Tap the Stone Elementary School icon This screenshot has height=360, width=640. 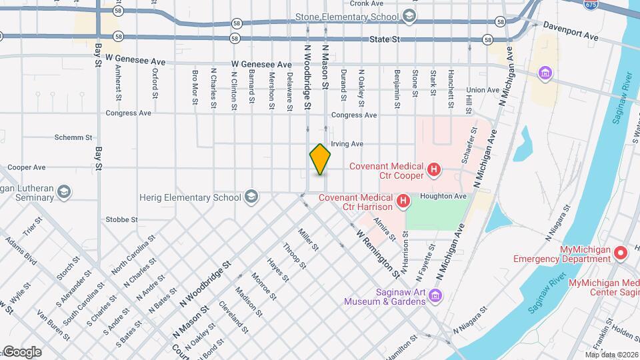[409, 16]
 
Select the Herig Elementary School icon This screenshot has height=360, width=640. [251, 197]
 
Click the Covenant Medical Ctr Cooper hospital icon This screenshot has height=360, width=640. [434, 171]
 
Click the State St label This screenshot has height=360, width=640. [385, 40]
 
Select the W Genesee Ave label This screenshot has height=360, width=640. [262, 65]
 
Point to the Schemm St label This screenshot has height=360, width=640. [75, 137]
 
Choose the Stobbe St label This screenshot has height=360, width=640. [121, 219]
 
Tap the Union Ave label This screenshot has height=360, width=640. [483, 90]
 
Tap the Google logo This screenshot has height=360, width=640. [21, 352]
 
